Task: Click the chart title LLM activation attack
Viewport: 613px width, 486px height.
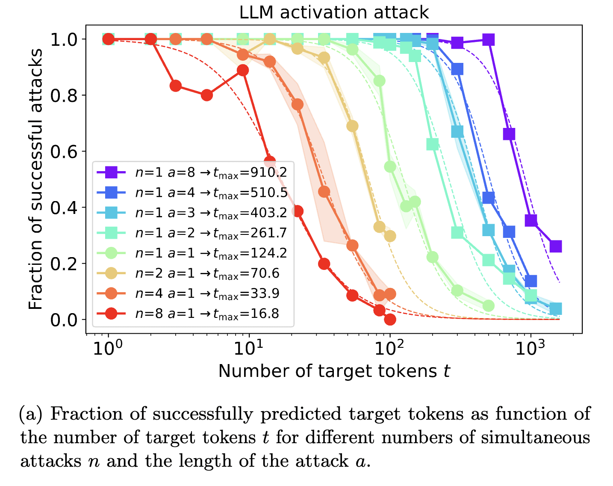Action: tap(334, 12)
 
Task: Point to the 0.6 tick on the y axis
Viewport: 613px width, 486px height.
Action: tap(64, 151)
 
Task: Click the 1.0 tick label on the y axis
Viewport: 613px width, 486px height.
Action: tap(64, 39)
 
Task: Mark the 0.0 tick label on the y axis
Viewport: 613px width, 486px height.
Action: tap(64, 320)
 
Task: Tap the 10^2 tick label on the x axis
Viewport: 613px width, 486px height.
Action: tap(389, 349)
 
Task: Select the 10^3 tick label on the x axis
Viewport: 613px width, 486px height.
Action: tap(530, 349)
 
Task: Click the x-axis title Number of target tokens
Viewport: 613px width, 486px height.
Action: tap(334, 371)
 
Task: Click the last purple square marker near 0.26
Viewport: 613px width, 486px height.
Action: tap(555, 246)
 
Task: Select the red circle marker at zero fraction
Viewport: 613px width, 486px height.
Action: tap(389, 319)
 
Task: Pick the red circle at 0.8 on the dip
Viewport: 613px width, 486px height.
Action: tap(207, 95)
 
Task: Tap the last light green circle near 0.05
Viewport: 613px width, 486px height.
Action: tap(488, 305)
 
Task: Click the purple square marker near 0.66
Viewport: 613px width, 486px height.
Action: tap(509, 134)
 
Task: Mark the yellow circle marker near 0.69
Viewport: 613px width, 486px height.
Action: tap(352, 126)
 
